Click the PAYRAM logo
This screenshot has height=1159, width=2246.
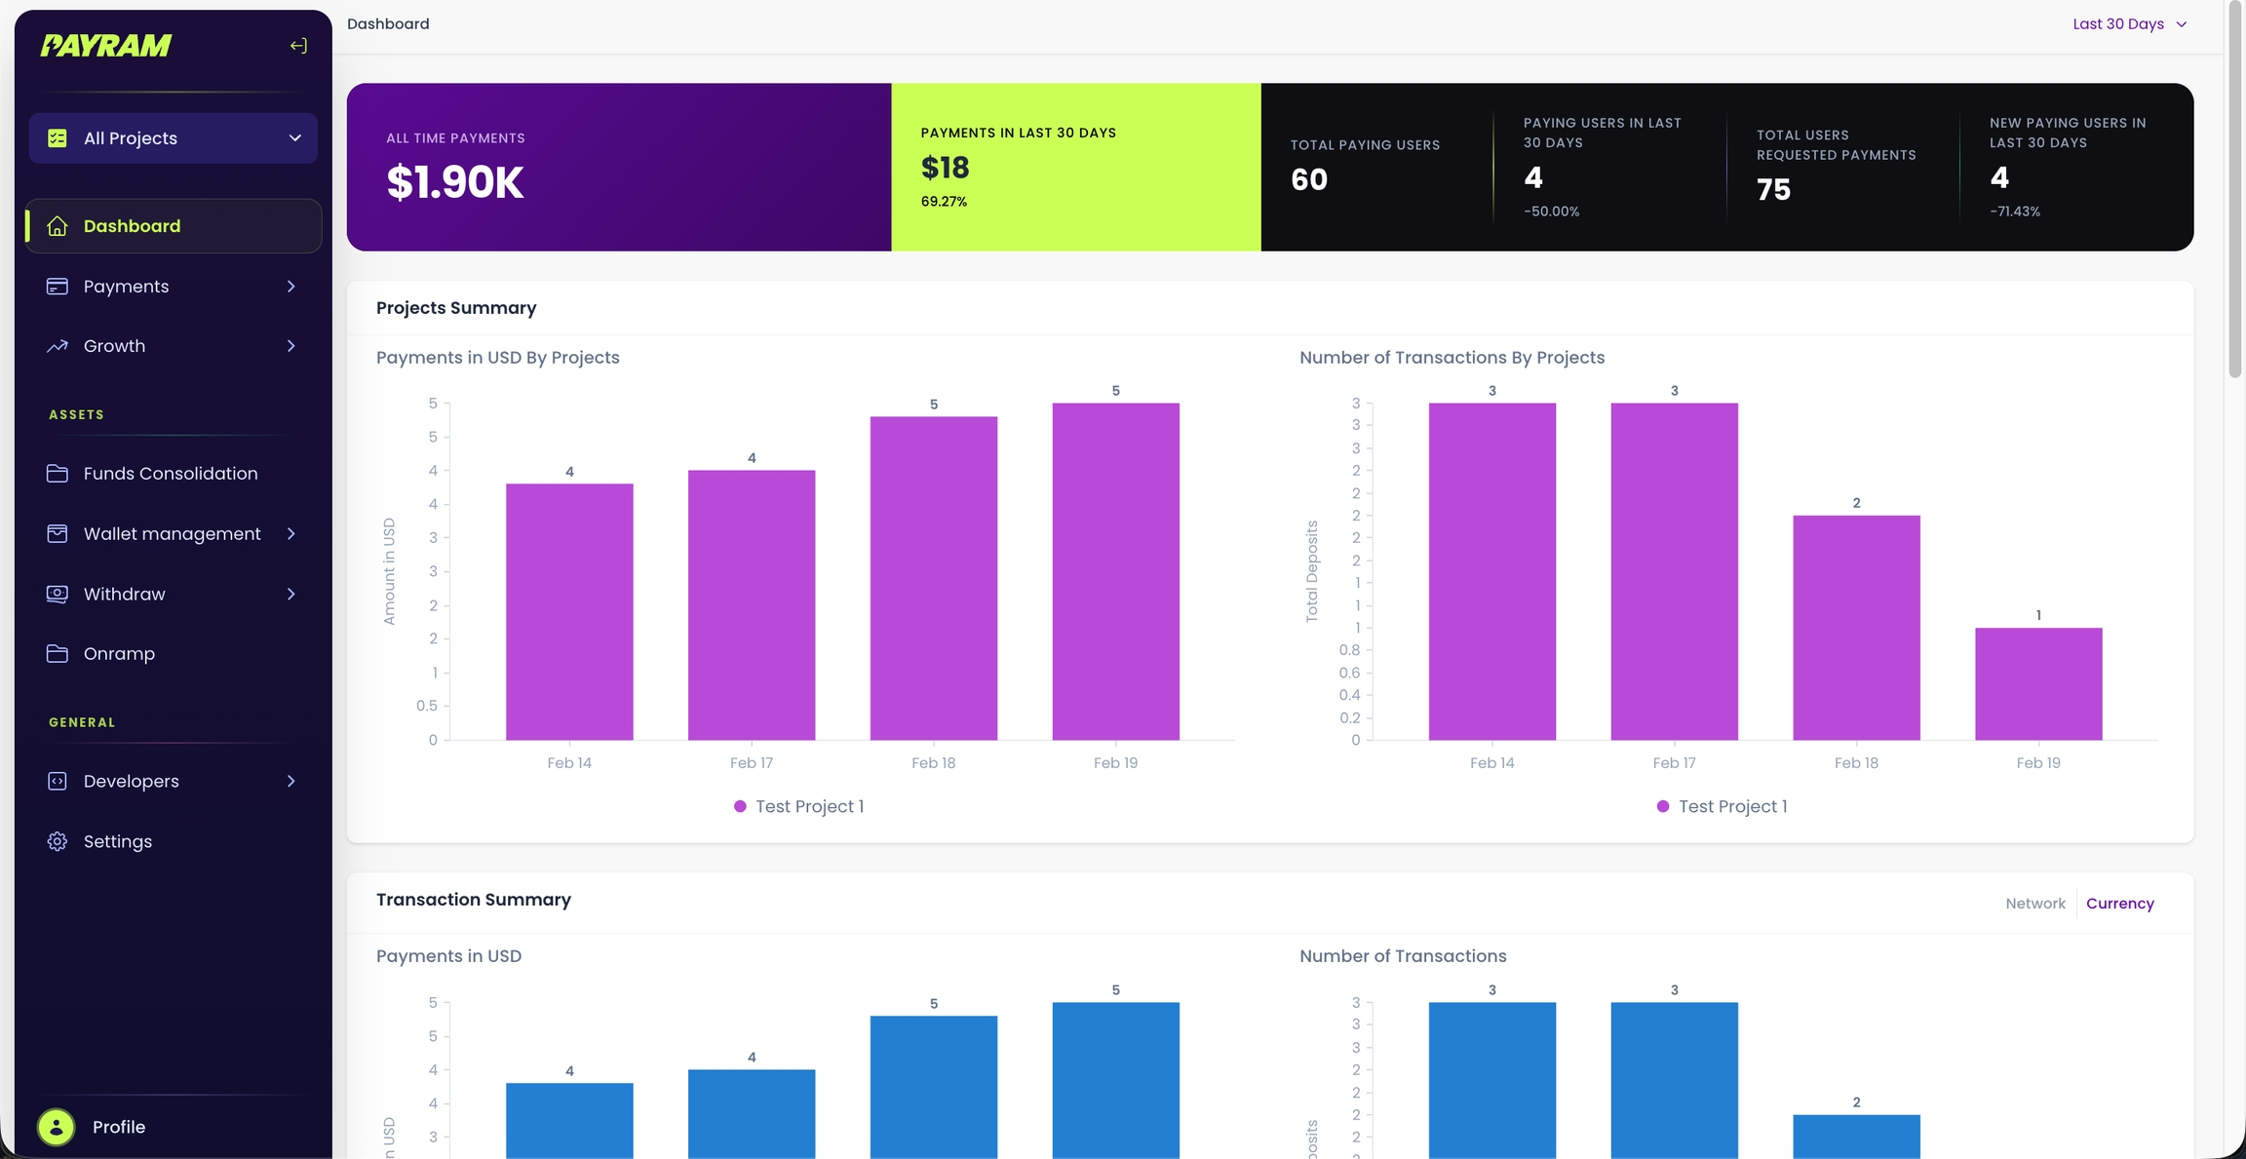click(x=105, y=45)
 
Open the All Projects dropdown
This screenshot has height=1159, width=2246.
click(x=174, y=138)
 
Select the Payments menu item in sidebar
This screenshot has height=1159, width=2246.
click(x=127, y=287)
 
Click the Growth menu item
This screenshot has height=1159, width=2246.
click(x=115, y=346)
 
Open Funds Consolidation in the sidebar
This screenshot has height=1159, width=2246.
click(x=171, y=474)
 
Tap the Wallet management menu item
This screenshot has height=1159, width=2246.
click(x=172, y=534)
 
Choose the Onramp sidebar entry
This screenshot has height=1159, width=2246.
click(x=119, y=654)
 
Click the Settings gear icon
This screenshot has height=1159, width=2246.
click(x=58, y=841)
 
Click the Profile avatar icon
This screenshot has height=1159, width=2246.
click(x=57, y=1127)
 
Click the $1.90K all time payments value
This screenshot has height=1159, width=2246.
click(x=455, y=182)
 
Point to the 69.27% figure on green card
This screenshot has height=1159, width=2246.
click(x=944, y=202)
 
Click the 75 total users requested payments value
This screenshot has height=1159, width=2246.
click(x=1773, y=189)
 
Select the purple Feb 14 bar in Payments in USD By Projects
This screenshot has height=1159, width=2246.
click(x=569, y=611)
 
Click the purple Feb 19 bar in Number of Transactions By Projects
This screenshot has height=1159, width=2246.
click(x=2038, y=683)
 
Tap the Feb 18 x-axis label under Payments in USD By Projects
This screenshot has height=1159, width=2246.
click(x=933, y=763)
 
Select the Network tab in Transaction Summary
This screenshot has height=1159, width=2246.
click(x=2035, y=904)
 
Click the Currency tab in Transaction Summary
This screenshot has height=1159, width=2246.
click(x=2119, y=904)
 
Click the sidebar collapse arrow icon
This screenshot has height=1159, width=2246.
click(x=298, y=46)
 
